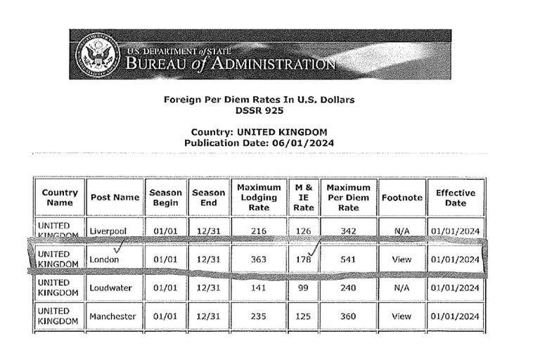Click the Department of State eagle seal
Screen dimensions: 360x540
tap(96, 54)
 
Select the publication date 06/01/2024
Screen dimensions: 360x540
tap(300, 143)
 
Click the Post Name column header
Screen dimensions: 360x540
tap(115, 198)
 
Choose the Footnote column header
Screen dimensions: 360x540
tap(401, 198)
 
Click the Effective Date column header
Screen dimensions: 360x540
tap(455, 198)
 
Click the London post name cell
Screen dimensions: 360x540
tap(104, 259)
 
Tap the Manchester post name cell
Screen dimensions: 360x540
tap(112, 316)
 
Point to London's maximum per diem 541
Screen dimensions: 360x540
tap(348, 259)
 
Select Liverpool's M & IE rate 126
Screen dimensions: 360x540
tap(303, 231)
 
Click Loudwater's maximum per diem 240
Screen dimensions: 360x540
tap(348, 288)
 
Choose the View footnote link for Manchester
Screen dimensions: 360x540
tap(401, 316)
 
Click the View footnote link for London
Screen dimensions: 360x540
tap(401, 259)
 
